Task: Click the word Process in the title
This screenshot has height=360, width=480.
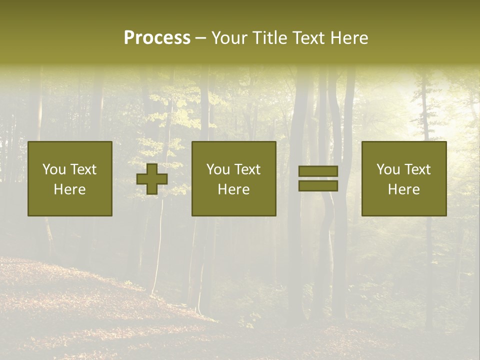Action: click(157, 38)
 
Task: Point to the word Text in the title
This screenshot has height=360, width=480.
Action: click(305, 38)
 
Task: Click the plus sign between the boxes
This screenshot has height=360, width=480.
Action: click(152, 179)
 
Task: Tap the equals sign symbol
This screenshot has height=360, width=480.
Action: click(318, 178)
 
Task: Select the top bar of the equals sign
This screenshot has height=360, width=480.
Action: click(318, 171)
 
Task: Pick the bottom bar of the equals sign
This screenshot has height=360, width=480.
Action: click(318, 185)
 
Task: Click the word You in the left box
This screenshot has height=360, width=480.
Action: click(54, 169)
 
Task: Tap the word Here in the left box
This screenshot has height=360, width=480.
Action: click(70, 189)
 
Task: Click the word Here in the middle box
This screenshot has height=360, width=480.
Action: click(234, 189)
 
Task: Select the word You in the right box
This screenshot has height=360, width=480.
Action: click(388, 169)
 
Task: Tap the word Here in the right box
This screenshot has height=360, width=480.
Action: click(404, 189)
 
